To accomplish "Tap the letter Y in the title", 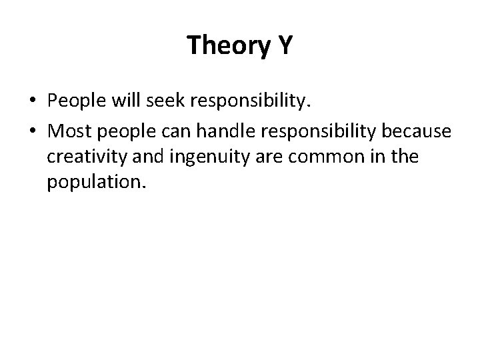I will pos(283,46).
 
